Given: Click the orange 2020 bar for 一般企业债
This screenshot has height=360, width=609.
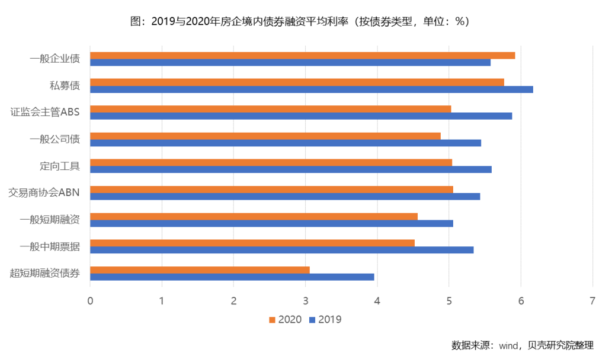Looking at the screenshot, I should point(302,56).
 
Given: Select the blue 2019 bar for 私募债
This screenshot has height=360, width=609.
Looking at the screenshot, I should point(311,89).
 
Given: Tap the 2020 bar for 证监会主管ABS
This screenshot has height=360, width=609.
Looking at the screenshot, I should point(270,109).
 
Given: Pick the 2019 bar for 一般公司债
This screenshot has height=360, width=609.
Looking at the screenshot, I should point(285,143).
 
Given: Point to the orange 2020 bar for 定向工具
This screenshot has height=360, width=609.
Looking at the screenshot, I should point(271,162).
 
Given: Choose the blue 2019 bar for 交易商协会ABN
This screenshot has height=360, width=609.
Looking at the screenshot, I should point(284,196).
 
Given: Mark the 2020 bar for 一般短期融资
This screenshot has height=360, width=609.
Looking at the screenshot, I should point(254,216).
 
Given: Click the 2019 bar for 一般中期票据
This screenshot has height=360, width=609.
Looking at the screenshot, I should point(281,250).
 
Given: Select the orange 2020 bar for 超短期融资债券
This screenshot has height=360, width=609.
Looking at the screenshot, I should point(200,270).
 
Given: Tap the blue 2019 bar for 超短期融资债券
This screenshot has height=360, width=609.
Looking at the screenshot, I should point(232,277).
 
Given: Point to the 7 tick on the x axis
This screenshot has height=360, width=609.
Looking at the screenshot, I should point(592,301).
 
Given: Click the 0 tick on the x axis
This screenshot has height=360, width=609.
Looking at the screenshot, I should point(90,301).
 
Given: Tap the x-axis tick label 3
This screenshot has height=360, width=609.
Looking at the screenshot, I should point(305,301).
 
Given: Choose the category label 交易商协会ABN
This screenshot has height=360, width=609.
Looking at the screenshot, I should point(44,192).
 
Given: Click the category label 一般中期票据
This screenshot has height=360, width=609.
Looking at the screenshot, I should point(50,246).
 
